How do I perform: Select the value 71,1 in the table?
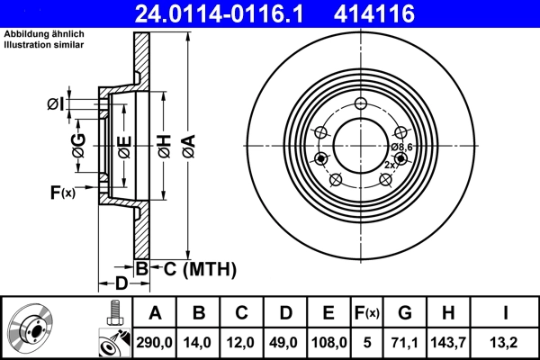pyautogui.click(x=405, y=341)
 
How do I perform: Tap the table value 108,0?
pyautogui.click(x=328, y=341)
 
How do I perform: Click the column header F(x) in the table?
pyautogui.click(x=367, y=312)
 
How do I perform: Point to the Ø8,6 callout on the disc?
pyautogui.click(x=401, y=146)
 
